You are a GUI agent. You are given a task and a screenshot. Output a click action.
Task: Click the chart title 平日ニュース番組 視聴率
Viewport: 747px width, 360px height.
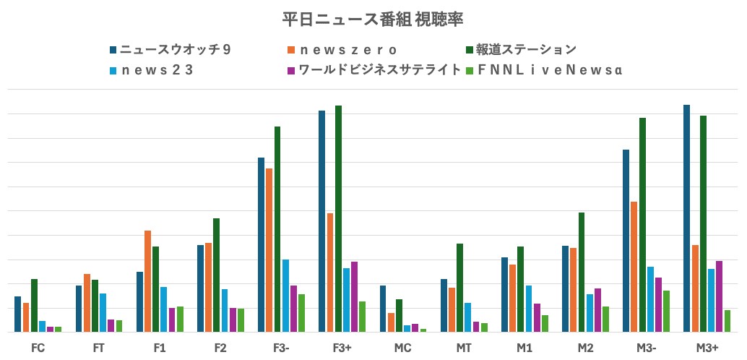373,20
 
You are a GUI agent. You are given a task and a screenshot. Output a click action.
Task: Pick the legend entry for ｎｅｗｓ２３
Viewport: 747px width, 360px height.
156,70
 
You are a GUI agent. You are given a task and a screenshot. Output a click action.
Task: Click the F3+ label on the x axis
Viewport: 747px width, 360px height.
342,348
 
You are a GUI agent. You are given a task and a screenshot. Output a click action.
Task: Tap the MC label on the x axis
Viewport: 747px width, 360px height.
403,348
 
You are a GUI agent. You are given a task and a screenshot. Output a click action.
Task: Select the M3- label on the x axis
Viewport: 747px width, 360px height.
646,348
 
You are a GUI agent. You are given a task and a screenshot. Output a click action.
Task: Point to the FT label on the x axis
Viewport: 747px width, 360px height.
99,348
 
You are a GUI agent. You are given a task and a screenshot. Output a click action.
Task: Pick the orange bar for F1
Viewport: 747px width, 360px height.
148,281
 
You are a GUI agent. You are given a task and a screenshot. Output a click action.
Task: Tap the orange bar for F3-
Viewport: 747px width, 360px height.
269,250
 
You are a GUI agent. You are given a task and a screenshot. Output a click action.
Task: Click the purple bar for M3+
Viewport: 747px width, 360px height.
719,296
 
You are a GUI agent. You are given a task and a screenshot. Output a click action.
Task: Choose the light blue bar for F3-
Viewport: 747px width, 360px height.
285,296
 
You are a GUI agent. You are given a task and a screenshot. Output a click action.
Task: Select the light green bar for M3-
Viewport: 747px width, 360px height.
666,312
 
